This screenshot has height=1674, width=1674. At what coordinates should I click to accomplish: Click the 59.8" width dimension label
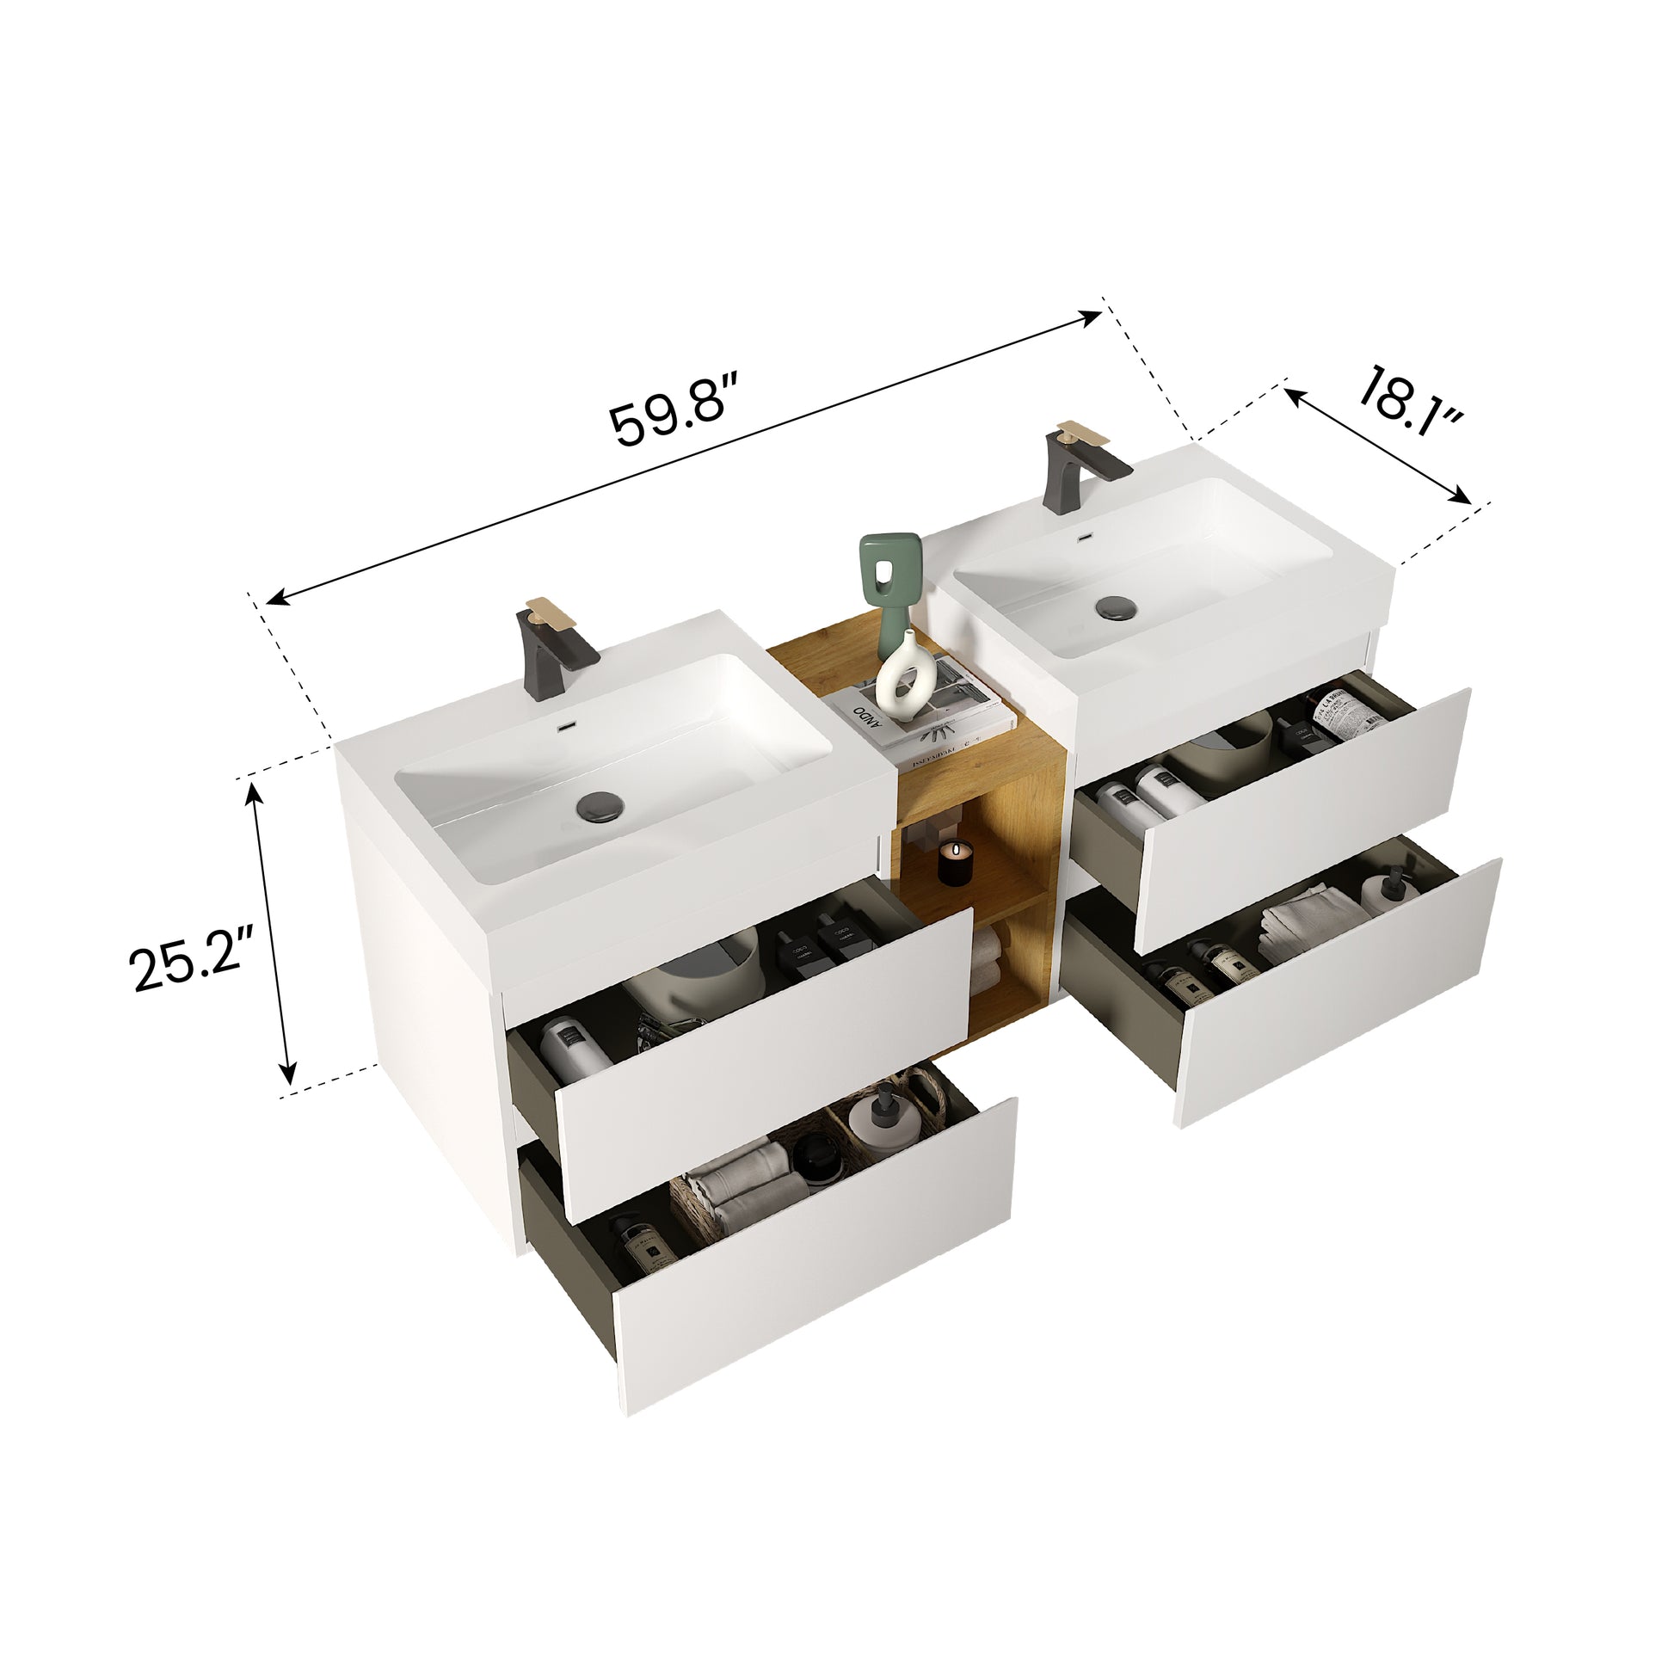(674, 411)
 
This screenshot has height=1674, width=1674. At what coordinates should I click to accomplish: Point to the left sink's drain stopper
(597, 803)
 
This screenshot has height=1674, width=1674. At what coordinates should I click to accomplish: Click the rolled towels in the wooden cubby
(987, 957)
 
